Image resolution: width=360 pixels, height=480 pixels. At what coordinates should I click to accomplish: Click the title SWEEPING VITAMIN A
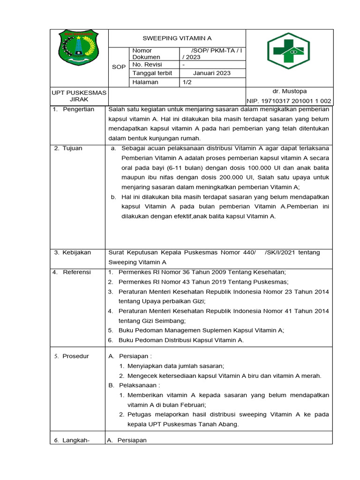[x=177, y=38]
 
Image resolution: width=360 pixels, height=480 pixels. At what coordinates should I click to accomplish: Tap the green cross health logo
[x=285, y=51]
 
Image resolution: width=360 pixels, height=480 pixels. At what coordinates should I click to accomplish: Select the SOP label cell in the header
[x=119, y=67]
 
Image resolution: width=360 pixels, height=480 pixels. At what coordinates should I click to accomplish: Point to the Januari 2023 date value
[x=212, y=73]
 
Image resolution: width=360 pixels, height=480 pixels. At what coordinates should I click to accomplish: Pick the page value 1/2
[x=187, y=82]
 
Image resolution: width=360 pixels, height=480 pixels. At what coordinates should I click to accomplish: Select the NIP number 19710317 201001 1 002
[x=289, y=101]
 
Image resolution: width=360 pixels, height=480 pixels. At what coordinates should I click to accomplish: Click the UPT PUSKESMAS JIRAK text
[x=79, y=96]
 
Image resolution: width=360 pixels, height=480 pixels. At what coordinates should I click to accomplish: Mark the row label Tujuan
[x=72, y=148]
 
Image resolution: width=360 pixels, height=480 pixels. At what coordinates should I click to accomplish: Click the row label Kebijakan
[x=77, y=253]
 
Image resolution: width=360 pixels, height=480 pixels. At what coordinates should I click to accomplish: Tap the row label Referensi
[x=77, y=272]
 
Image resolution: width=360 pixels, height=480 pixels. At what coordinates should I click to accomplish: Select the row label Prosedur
[x=75, y=356]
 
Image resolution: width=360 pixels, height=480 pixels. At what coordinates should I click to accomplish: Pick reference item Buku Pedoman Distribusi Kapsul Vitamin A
[x=181, y=340]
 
